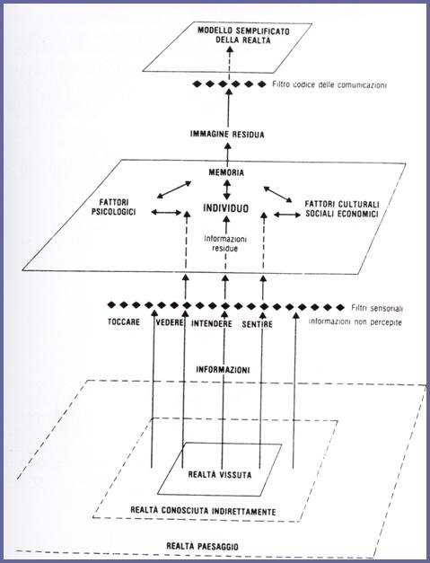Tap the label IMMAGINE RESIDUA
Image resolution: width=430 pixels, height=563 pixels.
[227, 135]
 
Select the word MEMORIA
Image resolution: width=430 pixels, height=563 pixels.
[226, 172]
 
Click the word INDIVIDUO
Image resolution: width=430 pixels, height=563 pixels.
[225, 208]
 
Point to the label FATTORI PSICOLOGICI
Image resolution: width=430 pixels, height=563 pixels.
[113, 207]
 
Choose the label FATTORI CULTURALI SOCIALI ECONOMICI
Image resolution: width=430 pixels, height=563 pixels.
[342, 209]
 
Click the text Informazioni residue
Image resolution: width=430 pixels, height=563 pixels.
[225, 243]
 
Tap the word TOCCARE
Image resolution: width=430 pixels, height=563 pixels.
[124, 321]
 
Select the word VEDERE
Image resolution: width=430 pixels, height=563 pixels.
[170, 322]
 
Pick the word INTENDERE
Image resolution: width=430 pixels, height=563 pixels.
[212, 323]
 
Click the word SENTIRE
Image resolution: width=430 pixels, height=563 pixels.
[257, 324]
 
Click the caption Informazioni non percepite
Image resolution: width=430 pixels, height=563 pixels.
[355, 322]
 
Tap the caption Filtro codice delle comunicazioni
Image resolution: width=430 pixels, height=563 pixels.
[329, 85]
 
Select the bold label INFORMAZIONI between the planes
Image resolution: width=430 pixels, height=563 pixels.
[223, 369]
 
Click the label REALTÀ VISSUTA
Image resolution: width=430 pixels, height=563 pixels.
[220, 475]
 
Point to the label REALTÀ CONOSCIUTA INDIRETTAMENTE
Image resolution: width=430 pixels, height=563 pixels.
[203, 511]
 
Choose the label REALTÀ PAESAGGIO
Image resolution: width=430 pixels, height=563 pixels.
[202, 547]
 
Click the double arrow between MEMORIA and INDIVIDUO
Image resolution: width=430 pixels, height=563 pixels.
[226, 189]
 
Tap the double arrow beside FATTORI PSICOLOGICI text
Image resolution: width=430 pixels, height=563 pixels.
[167, 212]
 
